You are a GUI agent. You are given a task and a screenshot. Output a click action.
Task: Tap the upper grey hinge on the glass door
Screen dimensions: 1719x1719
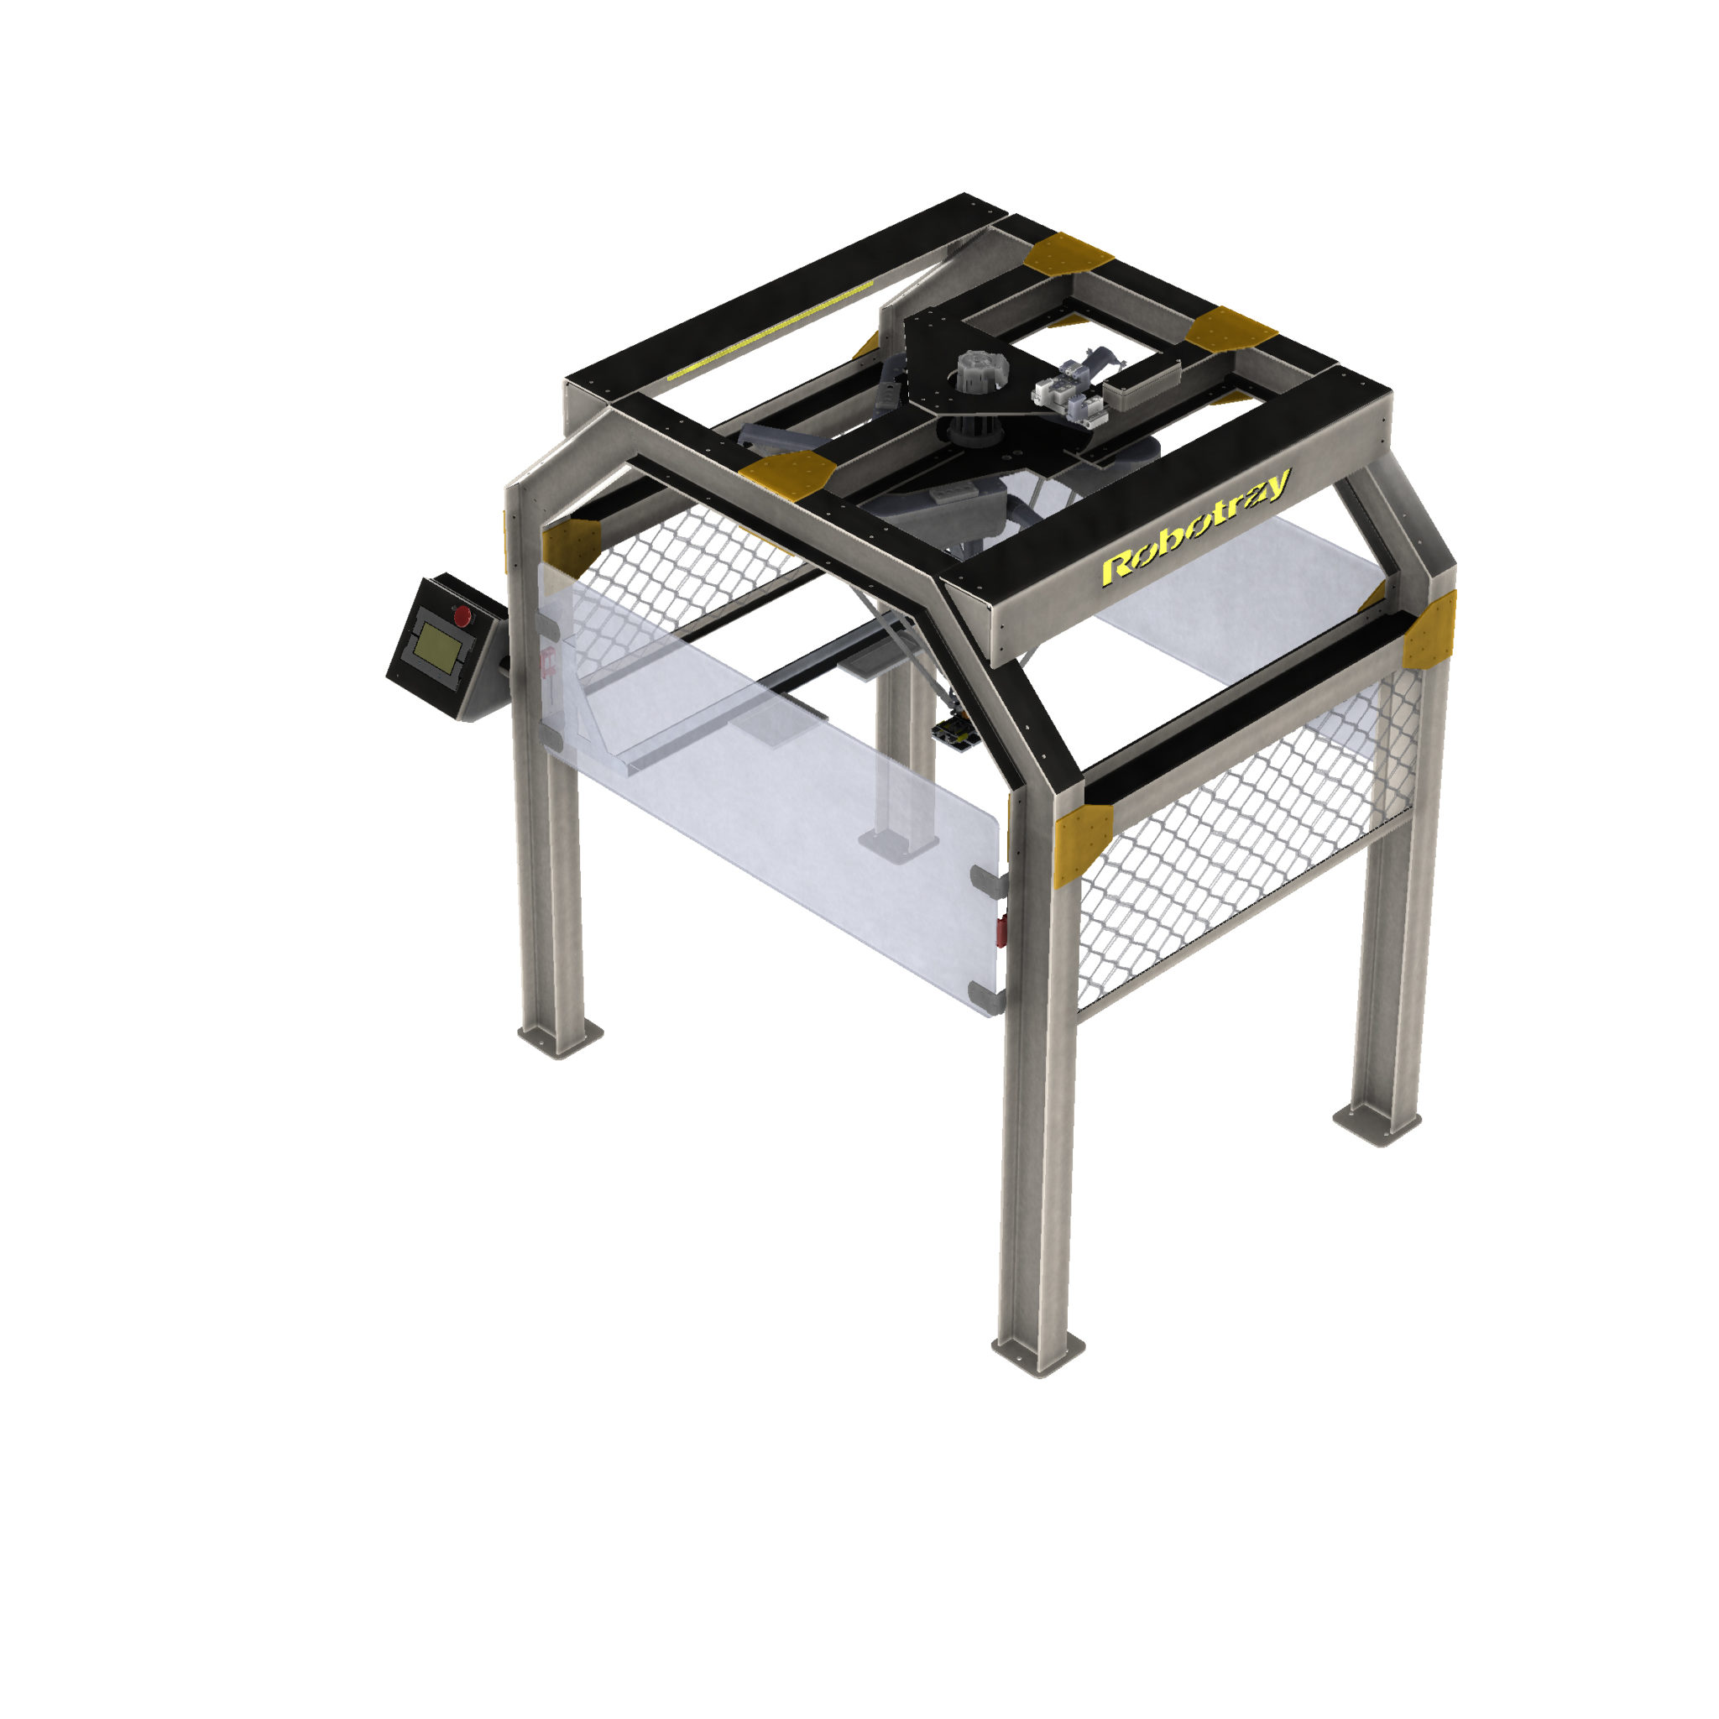pos(988,880)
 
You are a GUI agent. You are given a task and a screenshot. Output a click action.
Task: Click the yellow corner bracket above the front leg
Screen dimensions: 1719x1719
pos(1081,842)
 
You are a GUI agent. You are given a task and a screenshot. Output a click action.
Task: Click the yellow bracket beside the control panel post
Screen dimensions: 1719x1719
pos(569,543)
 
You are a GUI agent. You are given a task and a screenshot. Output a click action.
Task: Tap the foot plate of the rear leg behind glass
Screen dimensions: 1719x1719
pos(899,843)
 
